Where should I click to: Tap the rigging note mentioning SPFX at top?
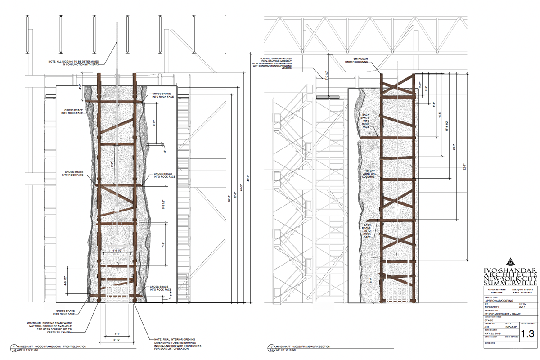79,63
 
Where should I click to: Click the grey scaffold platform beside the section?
327,97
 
